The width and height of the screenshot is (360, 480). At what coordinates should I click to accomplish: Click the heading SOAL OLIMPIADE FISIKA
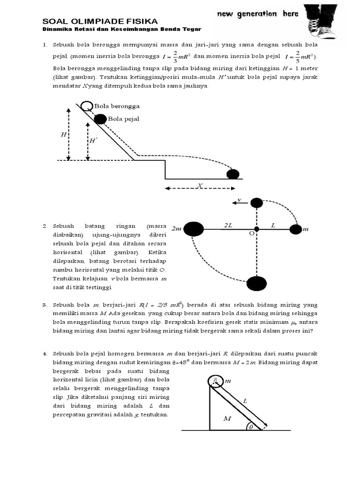point(100,21)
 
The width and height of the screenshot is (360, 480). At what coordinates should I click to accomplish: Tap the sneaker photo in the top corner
point(320,21)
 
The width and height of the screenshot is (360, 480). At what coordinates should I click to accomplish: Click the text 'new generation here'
point(257,14)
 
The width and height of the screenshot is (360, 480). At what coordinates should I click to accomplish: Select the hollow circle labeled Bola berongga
point(86,106)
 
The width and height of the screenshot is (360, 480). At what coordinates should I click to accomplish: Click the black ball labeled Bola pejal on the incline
point(100,119)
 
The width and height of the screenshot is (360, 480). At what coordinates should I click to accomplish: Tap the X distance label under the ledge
point(200,186)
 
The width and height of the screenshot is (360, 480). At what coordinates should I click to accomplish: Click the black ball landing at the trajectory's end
point(233,174)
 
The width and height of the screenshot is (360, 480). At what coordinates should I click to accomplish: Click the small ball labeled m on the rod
point(295,229)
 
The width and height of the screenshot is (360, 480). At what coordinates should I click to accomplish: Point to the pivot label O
point(251,233)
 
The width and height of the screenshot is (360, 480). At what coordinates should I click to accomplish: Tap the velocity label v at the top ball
point(239,200)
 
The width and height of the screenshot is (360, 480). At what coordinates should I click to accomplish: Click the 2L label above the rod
point(228,225)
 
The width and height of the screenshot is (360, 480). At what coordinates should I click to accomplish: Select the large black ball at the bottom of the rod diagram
point(256,284)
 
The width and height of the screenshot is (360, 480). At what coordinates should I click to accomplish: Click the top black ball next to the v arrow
point(256,203)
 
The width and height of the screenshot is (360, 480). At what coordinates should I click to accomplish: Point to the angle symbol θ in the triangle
point(251,427)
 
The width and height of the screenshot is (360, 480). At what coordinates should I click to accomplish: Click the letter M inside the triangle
point(227,419)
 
